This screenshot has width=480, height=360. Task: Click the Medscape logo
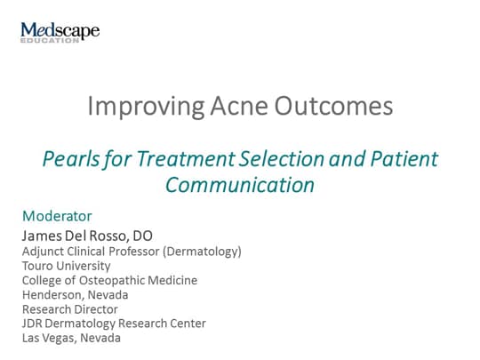pyautogui.click(x=60, y=32)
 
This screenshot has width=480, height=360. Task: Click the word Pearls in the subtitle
pyautogui.click(x=68, y=160)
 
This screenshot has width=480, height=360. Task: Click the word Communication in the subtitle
pyautogui.click(x=240, y=185)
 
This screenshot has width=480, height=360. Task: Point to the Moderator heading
pyautogui.click(x=57, y=216)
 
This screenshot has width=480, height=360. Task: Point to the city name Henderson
pyautogui.click(x=52, y=294)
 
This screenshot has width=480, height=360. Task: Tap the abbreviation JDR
pyautogui.click(x=33, y=324)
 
